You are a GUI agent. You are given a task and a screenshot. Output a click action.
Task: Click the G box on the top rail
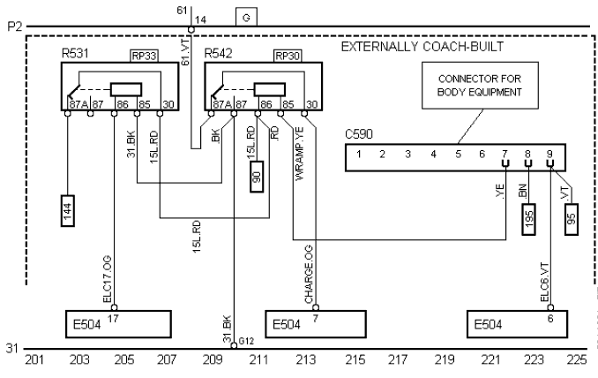246,17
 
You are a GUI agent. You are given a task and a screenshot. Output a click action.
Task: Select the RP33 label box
144,55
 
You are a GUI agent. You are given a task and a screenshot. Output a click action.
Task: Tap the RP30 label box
288,55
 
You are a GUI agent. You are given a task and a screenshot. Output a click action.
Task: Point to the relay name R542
218,54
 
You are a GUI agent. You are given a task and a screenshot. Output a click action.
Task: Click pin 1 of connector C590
360,155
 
